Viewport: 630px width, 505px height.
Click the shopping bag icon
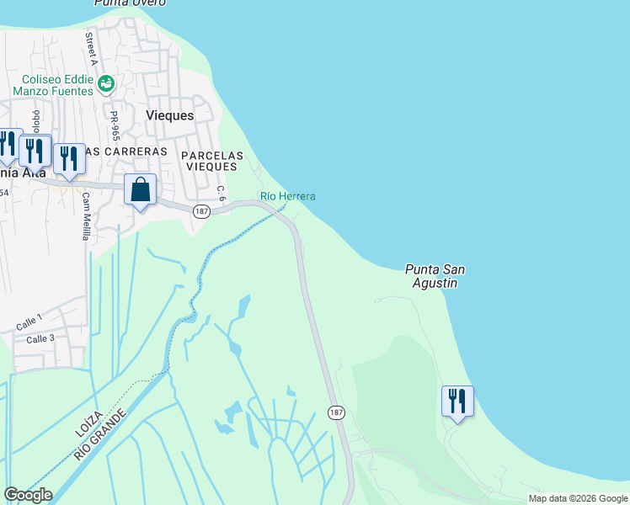141,190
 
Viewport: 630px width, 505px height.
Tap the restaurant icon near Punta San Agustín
457,401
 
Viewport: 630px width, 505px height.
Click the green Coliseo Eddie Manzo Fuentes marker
106,83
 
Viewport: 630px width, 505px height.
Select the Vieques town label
169,115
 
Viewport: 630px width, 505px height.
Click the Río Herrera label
288,196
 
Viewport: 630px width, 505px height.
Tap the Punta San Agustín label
435,276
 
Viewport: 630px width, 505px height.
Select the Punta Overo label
130,3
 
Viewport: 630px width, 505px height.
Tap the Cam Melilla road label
85,216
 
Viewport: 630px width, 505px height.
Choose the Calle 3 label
40,339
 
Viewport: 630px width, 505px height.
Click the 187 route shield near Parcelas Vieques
200,210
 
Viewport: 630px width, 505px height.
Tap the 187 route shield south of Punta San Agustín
336,412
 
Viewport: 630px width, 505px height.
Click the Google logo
28,495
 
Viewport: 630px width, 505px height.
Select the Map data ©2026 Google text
578,498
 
